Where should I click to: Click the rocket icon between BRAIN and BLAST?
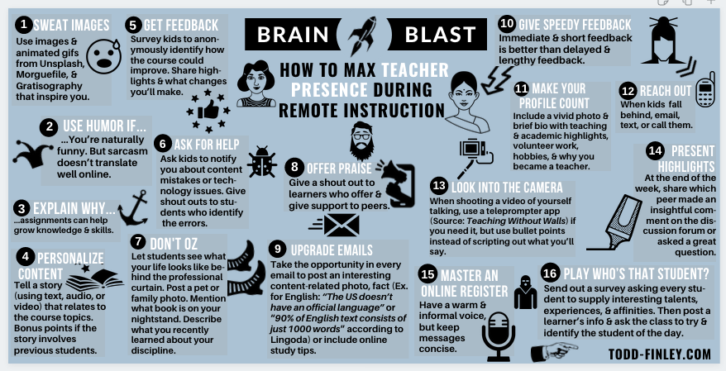[362, 36]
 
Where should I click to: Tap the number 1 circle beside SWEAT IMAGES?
[26, 25]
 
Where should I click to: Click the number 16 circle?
[551, 273]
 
